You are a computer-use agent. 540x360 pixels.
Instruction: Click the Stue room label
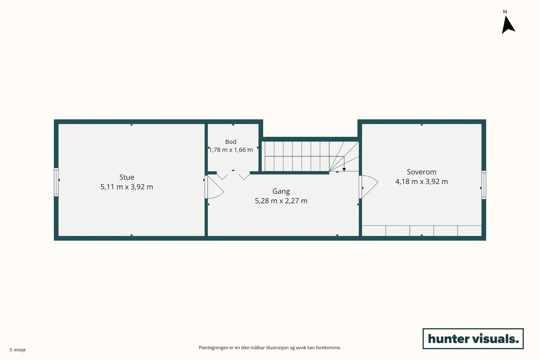127,177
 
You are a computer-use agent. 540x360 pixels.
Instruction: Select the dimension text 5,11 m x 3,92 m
127,187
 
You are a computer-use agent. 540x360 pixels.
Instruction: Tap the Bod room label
231,142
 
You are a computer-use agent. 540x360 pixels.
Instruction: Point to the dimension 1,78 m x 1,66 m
231,150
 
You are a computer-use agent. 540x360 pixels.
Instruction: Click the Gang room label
281,191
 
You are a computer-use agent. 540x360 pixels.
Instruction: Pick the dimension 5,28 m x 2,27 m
281,201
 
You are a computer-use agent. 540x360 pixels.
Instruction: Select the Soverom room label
422,172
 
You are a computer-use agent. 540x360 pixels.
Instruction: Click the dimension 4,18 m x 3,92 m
422,182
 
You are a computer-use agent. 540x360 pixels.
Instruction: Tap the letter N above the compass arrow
505,11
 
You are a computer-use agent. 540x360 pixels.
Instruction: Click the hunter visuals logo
473,338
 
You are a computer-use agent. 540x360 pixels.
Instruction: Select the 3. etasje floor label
18,350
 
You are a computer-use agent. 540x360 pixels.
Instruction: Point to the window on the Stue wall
56,182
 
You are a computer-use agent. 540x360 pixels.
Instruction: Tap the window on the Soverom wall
484,185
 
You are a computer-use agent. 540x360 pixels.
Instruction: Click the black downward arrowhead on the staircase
344,170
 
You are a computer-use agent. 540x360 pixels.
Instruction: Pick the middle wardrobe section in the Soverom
422,231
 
